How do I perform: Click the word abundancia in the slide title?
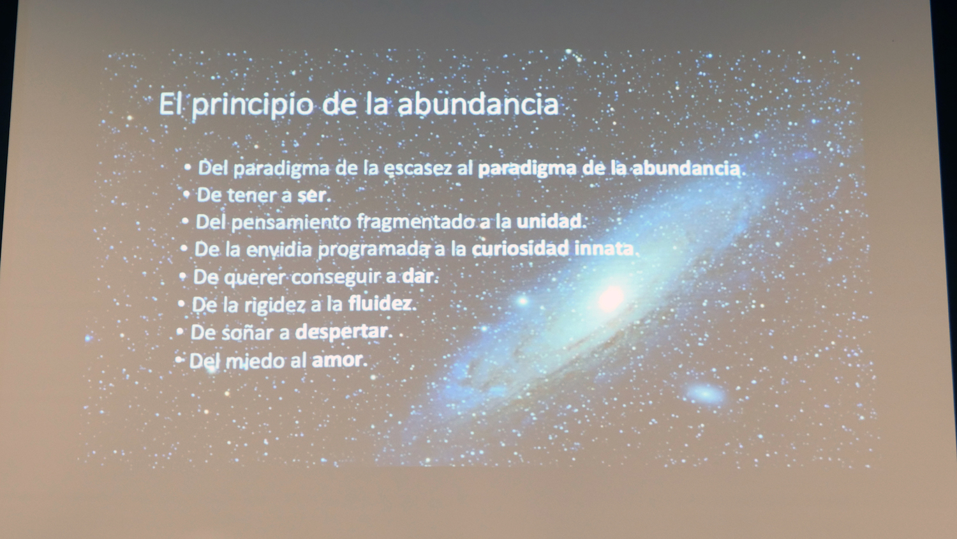click(478, 104)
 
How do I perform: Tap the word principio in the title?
click(252, 105)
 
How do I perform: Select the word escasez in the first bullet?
click(417, 168)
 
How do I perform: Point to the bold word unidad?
click(549, 221)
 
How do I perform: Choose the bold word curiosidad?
click(520, 248)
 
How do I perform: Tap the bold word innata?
click(604, 248)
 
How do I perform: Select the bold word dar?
click(419, 276)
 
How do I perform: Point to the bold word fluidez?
click(380, 304)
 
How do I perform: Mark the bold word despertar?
click(341, 332)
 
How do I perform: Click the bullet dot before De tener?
click(187, 195)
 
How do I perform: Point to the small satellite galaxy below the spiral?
click(705, 393)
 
